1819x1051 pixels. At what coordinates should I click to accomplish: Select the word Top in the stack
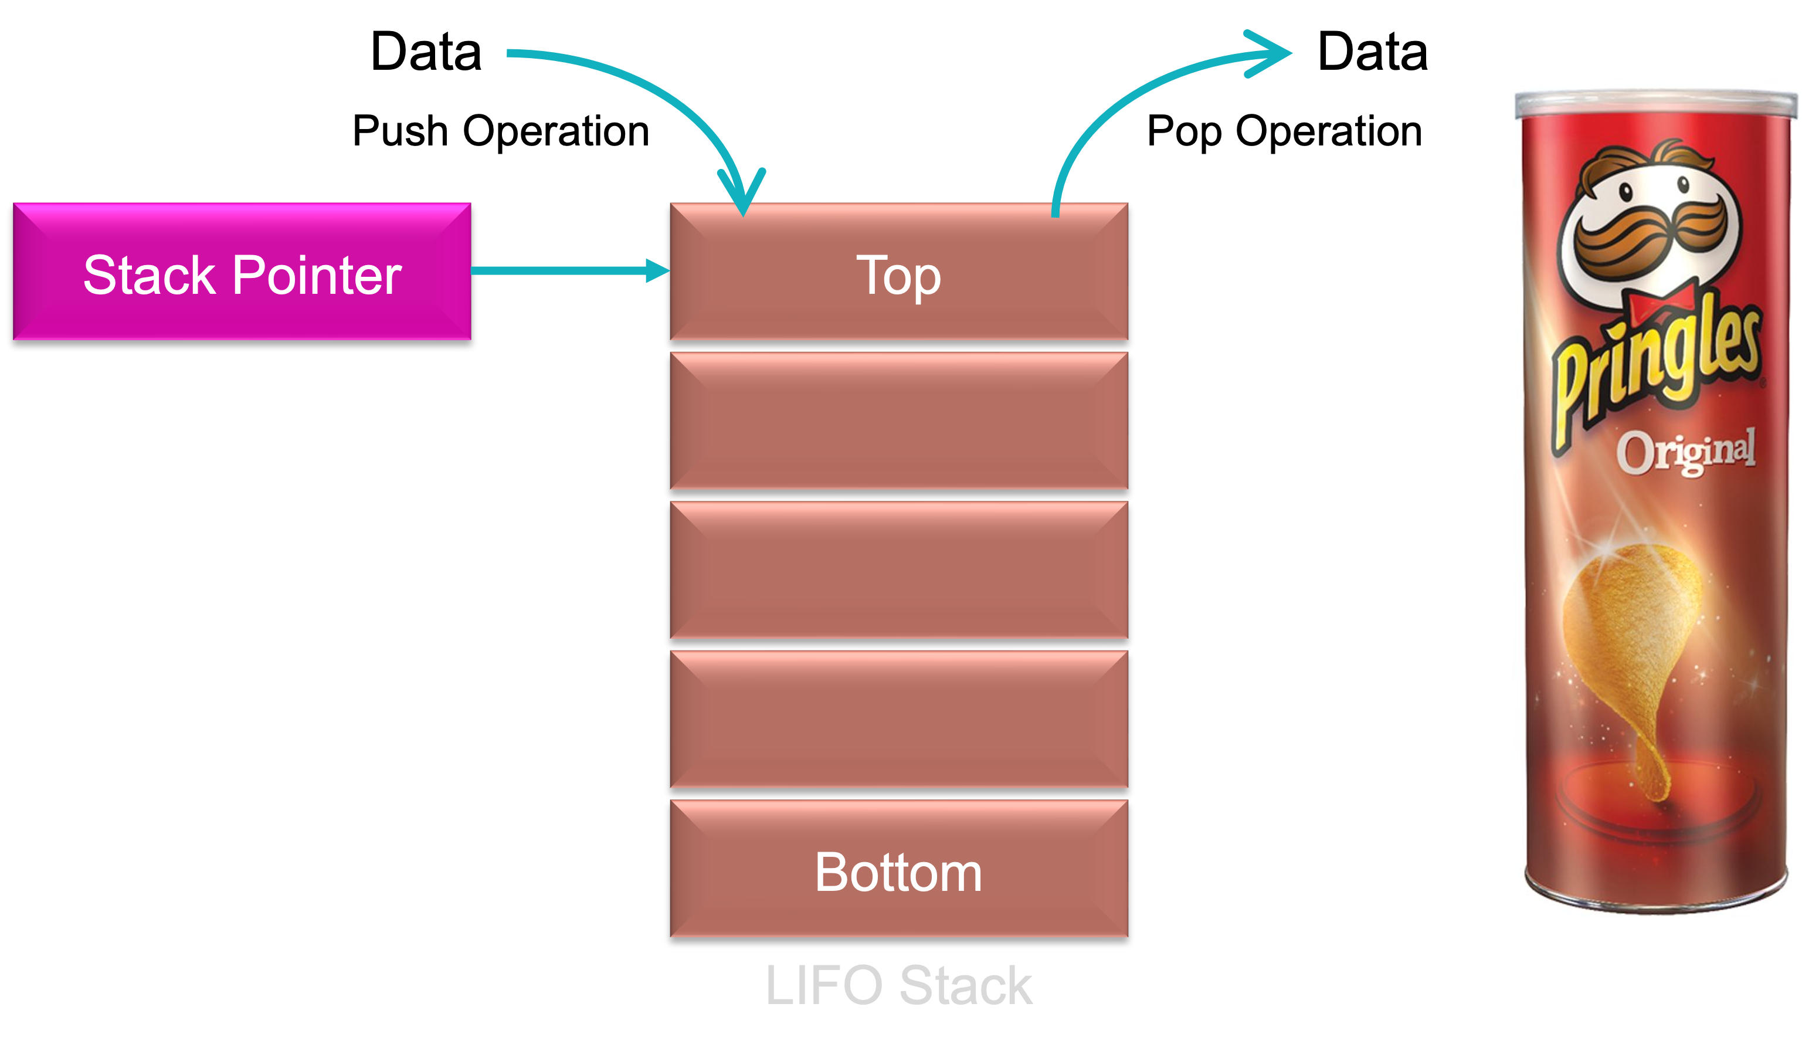point(898,276)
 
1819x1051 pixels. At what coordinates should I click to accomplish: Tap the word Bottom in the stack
point(898,873)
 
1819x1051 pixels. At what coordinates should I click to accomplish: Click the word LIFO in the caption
point(823,985)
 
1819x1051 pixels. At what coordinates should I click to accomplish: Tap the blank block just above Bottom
point(898,719)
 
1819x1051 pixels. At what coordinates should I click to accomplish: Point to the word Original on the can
point(1685,451)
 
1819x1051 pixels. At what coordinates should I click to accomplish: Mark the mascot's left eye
point(1625,192)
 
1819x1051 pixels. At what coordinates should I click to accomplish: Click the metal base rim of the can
point(1657,899)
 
